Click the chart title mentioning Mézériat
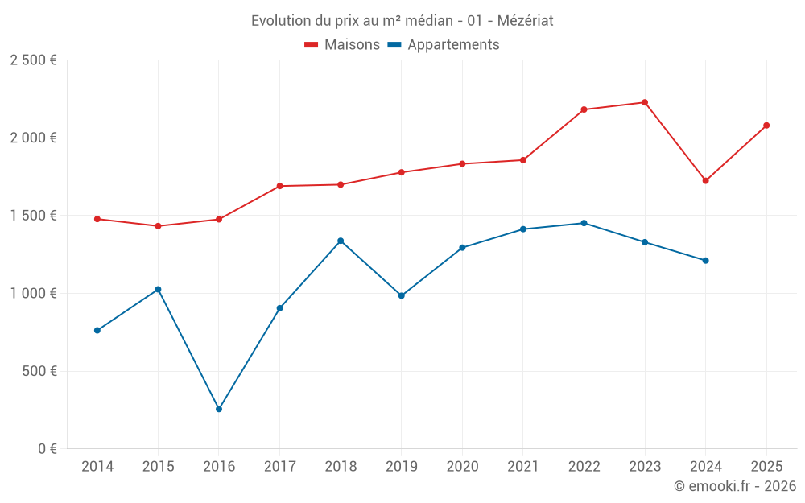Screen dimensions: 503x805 [402, 20]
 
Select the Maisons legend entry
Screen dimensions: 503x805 [342, 45]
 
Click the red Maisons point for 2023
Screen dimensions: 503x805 [645, 102]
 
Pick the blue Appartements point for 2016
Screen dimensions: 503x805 [219, 409]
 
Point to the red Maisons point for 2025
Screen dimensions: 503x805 [766, 126]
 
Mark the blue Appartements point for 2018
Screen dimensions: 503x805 [341, 241]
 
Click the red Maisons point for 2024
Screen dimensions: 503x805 [706, 180]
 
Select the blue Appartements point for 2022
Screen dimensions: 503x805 [584, 223]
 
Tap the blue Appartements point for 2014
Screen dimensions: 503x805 [97, 330]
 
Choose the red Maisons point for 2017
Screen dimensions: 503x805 [279, 186]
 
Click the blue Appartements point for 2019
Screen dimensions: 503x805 [402, 295]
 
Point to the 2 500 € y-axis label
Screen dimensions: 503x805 [33, 60]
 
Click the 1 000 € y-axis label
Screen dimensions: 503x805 [33, 294]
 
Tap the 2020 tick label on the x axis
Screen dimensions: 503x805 [462, 467]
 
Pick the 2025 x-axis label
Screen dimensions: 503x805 [766, 467]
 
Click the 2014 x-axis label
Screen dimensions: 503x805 [97, 467]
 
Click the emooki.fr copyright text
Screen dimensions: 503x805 [734, 486]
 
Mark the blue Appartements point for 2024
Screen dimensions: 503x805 [706, 260]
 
